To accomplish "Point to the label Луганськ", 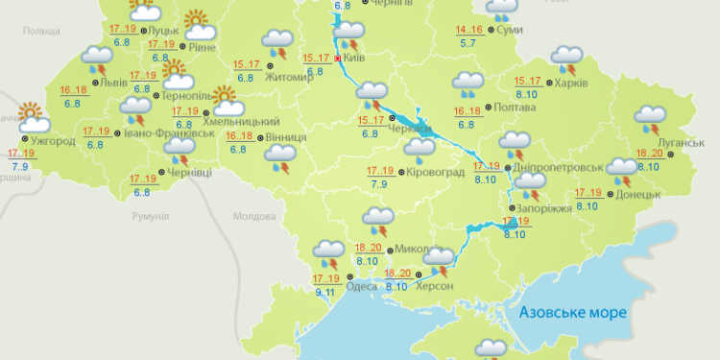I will coord(683,143).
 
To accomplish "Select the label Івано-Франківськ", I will coord(171,133).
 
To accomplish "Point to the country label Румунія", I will coord(151,218).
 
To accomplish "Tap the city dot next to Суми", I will coord(492,31).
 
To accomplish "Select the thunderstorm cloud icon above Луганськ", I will coord(650,116).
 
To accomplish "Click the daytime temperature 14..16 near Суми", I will coord(469,31).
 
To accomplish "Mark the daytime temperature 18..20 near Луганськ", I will coord(648,154).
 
